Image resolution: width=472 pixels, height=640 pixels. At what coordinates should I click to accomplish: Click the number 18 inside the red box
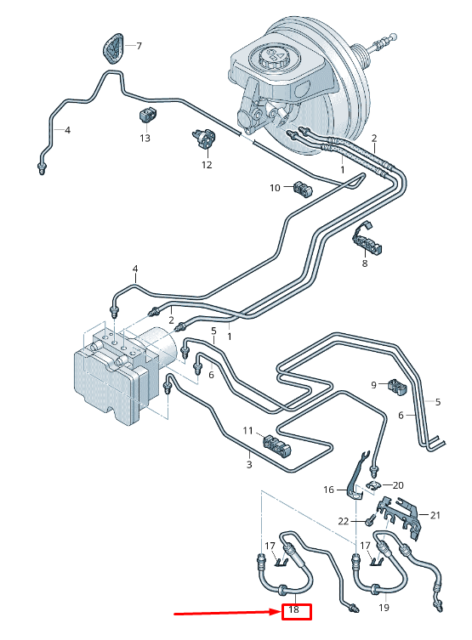293,611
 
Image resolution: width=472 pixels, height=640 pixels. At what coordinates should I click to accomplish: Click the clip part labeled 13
148,115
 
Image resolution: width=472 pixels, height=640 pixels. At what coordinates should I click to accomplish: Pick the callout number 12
206,165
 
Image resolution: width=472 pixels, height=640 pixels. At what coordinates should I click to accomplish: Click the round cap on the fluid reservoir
273,58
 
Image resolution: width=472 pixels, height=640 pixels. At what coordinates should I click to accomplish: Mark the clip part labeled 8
368,241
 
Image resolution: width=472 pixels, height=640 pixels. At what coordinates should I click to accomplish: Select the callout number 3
249,465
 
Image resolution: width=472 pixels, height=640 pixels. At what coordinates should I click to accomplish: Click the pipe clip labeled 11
275,442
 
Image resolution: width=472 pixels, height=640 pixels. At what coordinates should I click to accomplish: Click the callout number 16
328,490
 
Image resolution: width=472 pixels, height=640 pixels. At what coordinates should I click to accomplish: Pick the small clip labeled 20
373,485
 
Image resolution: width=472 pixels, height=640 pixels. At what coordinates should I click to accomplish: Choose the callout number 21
436,515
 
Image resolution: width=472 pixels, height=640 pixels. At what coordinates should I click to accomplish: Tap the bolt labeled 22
372,520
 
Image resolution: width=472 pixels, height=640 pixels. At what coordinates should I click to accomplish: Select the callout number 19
384,608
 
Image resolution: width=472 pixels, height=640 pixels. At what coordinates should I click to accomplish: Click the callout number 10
275,187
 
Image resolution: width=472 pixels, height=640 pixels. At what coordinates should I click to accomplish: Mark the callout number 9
373,385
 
